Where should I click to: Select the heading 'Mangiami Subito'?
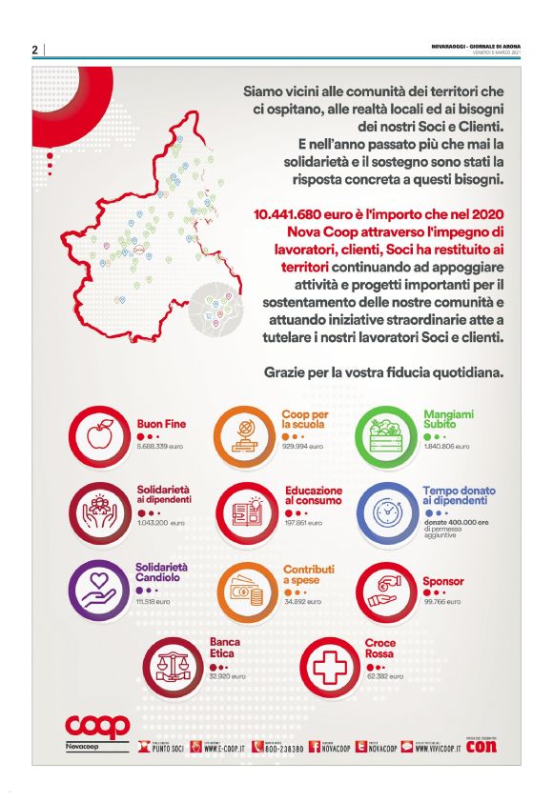(448, 420)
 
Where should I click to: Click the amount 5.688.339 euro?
(160, 446)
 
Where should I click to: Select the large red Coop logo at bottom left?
(97, 726)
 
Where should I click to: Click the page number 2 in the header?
(34, 50)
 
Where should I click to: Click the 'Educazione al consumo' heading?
(313, 496)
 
